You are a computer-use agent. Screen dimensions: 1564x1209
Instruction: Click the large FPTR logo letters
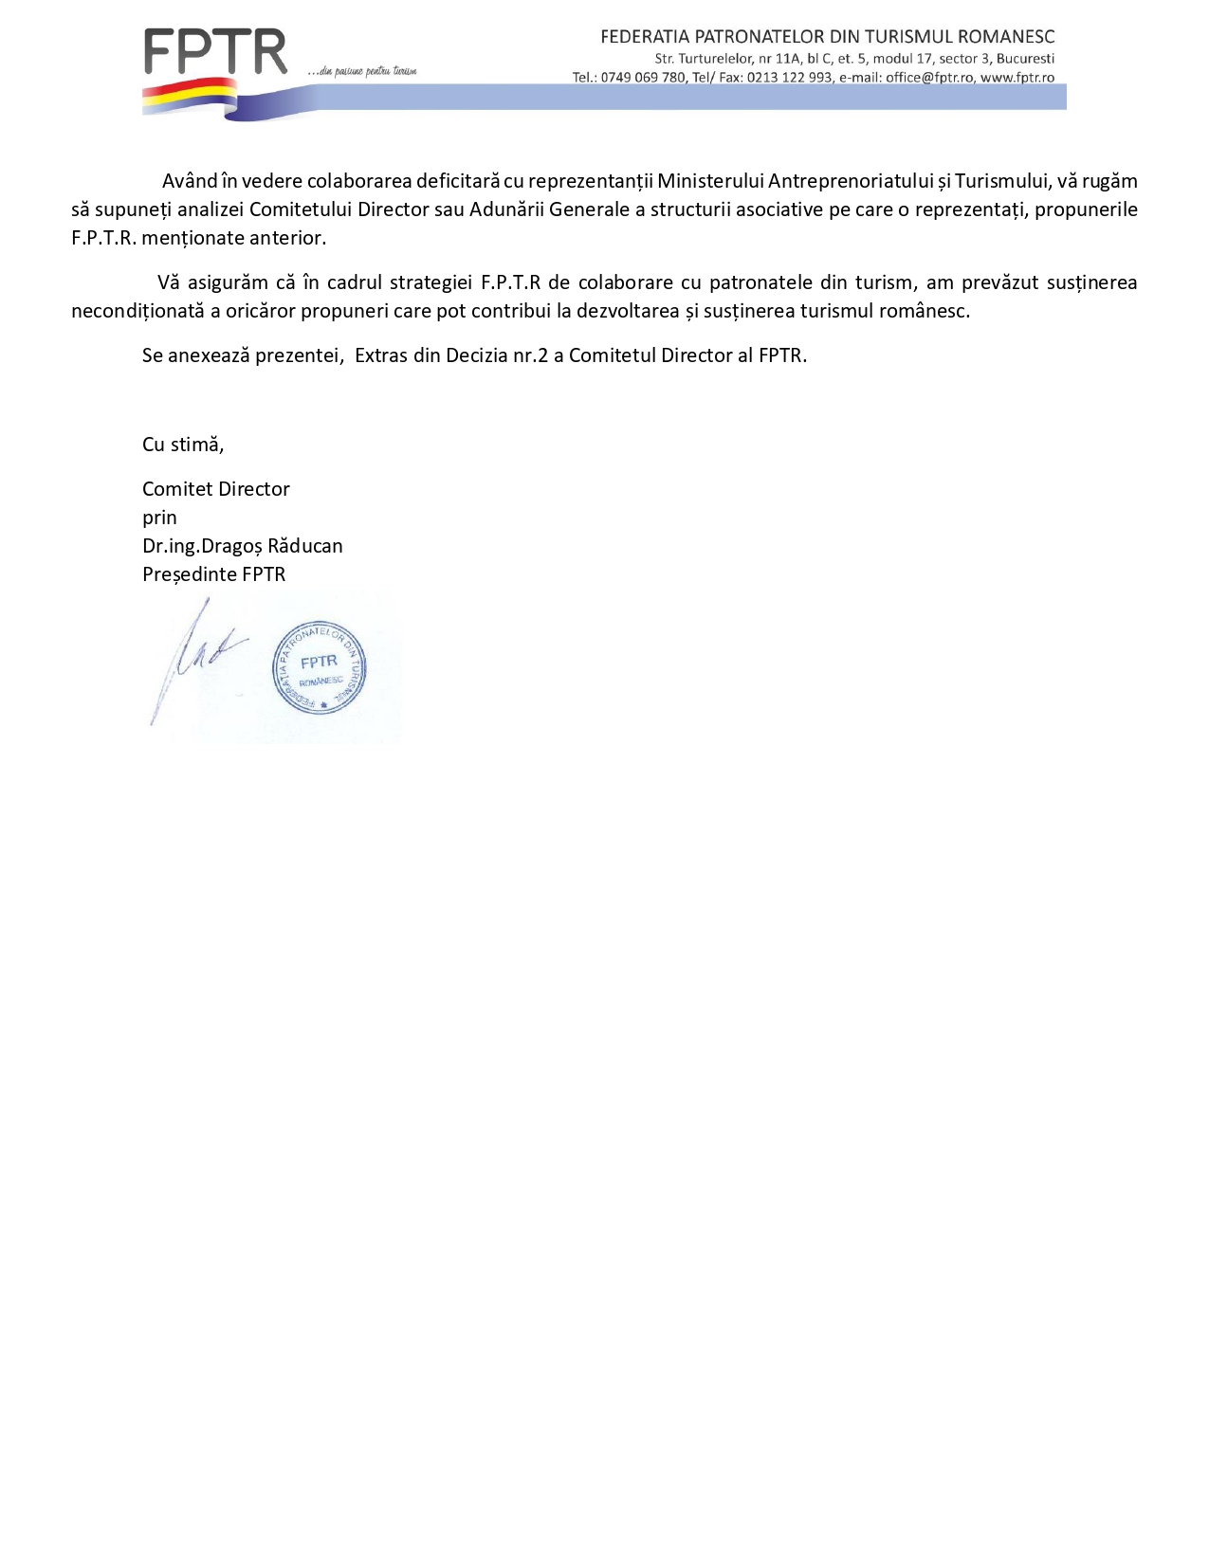tap(215, 52)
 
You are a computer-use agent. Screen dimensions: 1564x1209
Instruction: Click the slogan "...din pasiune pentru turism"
tap(362, 71)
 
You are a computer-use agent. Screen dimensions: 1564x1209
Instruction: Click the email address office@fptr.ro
tap(929, 78)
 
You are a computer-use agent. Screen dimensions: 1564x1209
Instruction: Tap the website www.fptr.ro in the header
tap(1017, 78)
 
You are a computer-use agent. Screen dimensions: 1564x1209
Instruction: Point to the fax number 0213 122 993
tap(790, 78)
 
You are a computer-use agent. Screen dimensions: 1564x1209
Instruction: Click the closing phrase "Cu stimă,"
tap(183, 445)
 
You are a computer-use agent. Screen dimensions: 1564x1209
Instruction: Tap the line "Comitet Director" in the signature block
tap(216, 489)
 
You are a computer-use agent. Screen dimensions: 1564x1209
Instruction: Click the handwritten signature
tap(194, 659)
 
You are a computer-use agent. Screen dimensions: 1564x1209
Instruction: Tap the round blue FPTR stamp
tap(320, 667)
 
